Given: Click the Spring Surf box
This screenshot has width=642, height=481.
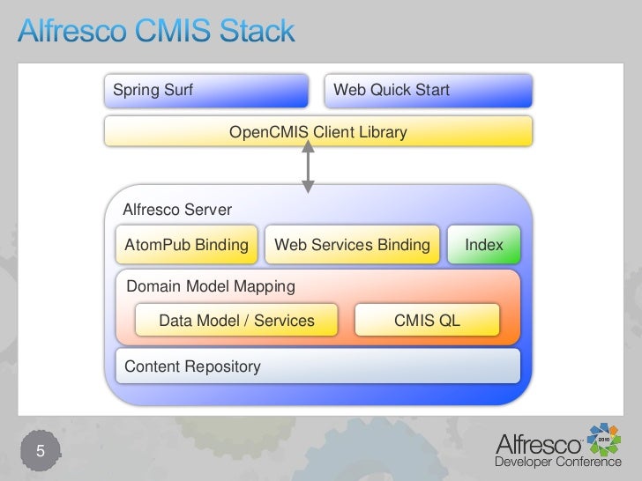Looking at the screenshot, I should (x=206, y=91).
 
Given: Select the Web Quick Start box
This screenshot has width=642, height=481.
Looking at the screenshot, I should (x=429, y=91).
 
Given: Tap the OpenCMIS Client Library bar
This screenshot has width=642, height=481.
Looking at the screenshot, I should (x=318, y=132).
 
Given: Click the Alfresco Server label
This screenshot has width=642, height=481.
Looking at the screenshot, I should (x=176, y=210).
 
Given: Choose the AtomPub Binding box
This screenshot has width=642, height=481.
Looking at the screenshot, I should (x=187, y=245).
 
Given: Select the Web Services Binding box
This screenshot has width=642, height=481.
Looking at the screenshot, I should (x=353, y=245).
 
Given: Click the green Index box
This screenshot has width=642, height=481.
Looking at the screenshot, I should (x=484, y=245).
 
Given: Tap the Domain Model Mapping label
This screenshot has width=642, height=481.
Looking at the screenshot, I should (x=211, y=286).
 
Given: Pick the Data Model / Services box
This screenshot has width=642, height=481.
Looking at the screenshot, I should (x=236, y=321).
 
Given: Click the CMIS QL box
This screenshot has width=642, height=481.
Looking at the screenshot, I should (x=427, y=321).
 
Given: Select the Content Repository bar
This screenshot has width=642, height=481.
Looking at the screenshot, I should (x=317, y=366).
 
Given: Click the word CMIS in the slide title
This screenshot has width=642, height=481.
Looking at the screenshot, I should (x=171, y=33).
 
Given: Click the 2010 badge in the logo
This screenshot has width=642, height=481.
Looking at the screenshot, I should (x=606, y=438).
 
